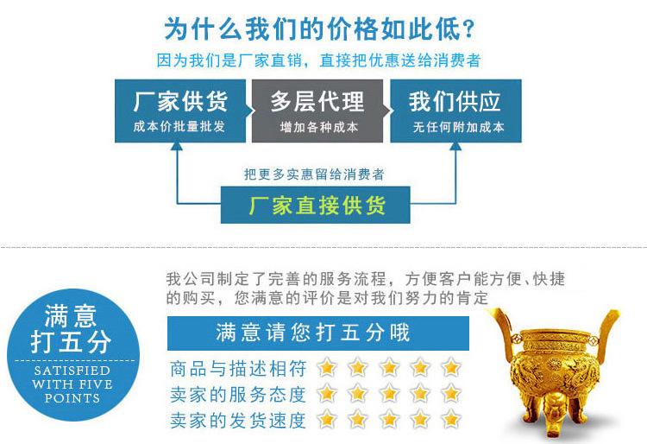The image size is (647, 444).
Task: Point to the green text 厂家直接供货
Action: [x=316, y=206]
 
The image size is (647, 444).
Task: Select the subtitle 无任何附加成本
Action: [x=457, y=127]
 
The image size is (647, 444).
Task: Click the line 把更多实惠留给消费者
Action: [x=314, y=174]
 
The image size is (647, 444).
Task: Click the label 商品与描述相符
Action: [x=239, y=368]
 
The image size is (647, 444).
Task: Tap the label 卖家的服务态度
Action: [x=239, y=395]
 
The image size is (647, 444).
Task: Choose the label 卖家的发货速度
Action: [x=239, y=421]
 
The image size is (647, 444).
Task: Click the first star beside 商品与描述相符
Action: [x=327, y=367]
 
